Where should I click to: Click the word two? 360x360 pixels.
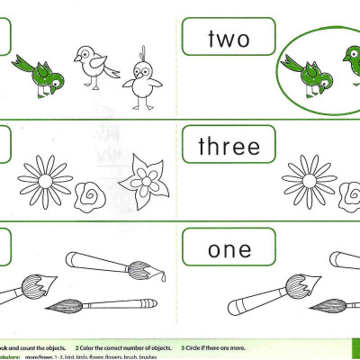(x=228, y=39)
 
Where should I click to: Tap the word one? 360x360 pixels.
(x=229, y=249)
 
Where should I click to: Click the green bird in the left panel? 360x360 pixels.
(x=40, y=71)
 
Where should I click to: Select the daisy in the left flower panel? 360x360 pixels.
(x=45, y=178)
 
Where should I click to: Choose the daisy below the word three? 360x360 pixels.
(x=309, y=179)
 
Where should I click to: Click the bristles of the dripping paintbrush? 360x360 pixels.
(x=139, y=269)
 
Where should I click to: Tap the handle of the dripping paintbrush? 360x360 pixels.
(x=95, y=262)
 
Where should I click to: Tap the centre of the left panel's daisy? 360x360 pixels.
(x=45, y=179)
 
